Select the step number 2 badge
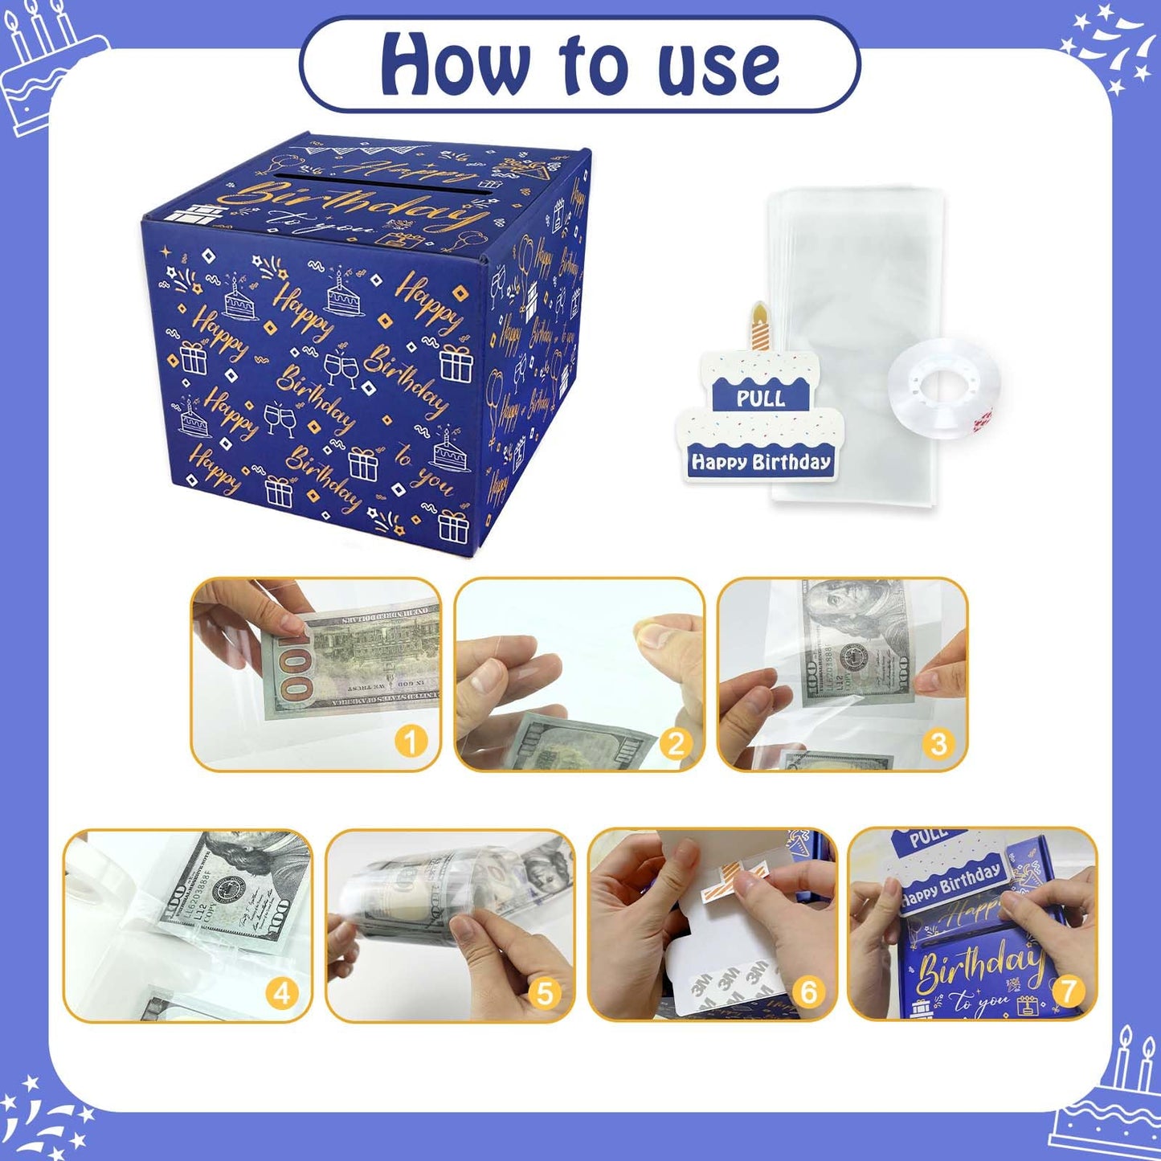(675, 743)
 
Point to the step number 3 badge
(938, 743)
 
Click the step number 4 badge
(282, 994)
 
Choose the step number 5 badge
(545, 994)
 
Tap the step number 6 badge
(807, 992)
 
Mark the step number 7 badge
(1068, 991)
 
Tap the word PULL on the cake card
(760, 398)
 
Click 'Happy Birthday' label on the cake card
(760, 462)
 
